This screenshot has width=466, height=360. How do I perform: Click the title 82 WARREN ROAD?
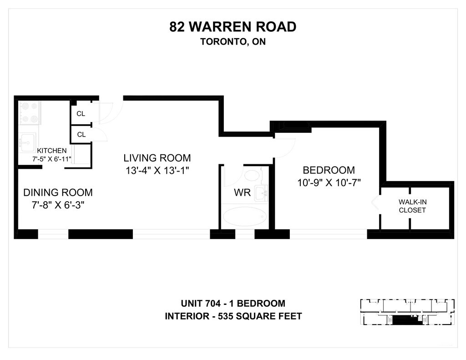(233, 27)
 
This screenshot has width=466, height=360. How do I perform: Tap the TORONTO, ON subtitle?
(233, 41)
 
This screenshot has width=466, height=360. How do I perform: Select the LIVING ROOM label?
(157, 158)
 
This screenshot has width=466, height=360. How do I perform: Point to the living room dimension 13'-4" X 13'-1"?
(157, 171)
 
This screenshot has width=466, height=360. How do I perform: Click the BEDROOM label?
(329, 170)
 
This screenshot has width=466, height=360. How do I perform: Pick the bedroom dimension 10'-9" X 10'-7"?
(329, 183)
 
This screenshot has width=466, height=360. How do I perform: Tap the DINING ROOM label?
(58, 193)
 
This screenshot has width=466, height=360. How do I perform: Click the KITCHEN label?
(52, 151)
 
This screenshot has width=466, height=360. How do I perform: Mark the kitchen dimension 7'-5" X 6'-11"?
(52, 159)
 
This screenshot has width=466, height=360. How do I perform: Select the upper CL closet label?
(81, 114)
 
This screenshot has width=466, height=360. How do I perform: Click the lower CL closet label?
(81, 135)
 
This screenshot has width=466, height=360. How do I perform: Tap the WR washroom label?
(242, 193)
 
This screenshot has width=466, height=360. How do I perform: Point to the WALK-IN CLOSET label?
(412, 206)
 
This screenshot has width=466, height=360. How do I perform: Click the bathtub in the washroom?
(245, 216)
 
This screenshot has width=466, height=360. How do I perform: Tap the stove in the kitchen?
(30, 112)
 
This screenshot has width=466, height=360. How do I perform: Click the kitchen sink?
(27, 143)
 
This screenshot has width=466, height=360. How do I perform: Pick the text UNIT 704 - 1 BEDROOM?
(233, 303)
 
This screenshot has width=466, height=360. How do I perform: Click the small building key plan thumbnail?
(407, 312)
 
